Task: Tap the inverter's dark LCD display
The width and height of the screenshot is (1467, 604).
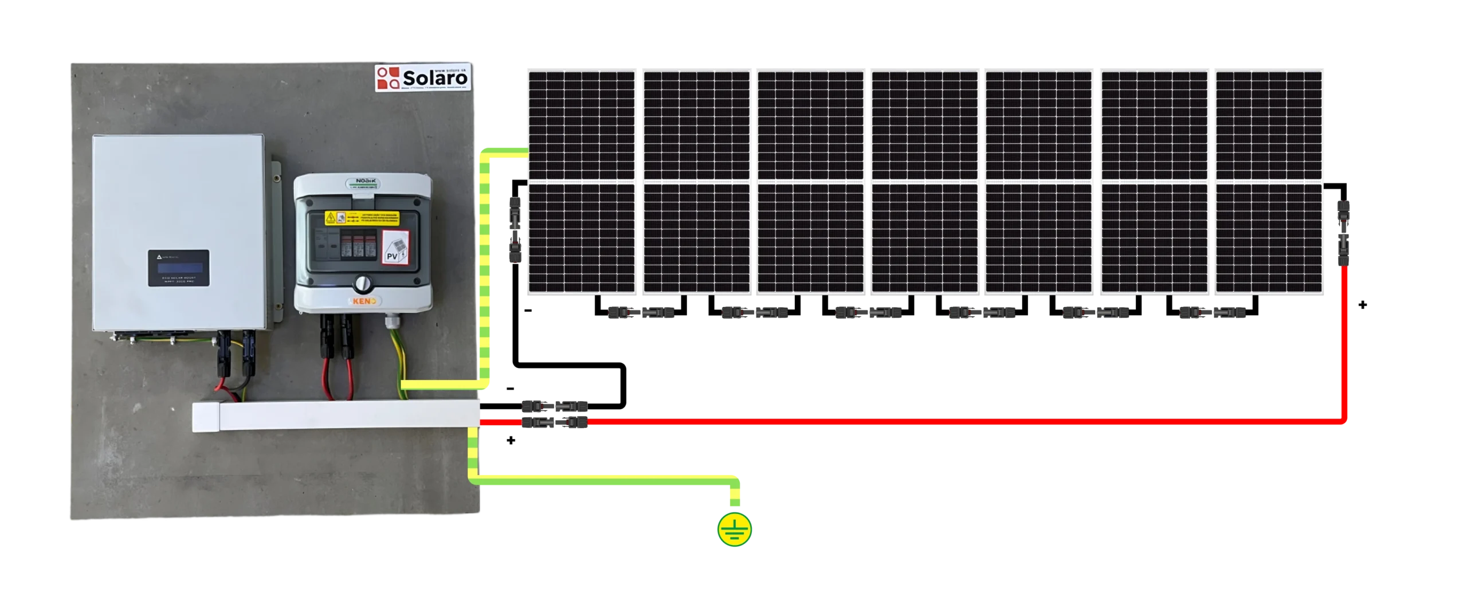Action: [178, 268]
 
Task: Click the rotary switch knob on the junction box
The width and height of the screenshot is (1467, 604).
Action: [362, 283]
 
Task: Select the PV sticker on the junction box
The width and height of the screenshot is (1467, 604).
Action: [397, 246]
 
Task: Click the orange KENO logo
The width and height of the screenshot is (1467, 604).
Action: [362, 301]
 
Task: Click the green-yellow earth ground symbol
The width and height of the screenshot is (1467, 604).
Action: [735, 530]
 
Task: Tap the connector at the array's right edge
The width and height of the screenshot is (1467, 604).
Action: [1342, 232]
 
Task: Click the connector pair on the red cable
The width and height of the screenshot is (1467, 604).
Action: [555, 415]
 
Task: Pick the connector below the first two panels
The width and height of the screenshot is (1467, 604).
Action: [641, 313]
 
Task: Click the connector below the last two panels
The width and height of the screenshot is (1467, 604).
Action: [1213, 313]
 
